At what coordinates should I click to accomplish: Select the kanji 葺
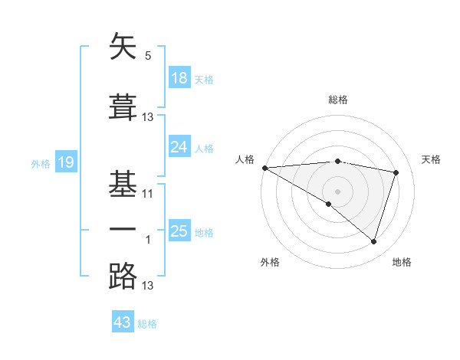(x=123, y=107)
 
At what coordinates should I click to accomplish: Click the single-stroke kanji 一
(x=123, y=230)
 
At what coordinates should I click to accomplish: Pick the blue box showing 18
(x=179, y=78)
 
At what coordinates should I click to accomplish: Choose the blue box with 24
(x=179, y=147)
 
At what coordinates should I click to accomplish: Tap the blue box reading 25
(x=179, y=231)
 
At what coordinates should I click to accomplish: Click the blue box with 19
(x=65, y=162)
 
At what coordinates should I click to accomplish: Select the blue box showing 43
(x=123, y=322)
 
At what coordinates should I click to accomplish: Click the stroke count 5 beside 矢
(x=148, y=56)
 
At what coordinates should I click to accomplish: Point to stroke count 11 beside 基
(x=148, y=193)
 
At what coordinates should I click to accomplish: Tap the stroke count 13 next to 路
(x=148, y=286)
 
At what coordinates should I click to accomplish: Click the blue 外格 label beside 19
(x=41, y=163)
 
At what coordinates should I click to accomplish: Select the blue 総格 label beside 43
(x=147, y=324)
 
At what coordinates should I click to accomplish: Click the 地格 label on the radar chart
(x=402, y=262)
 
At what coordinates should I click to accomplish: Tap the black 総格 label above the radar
(x=338, y=100)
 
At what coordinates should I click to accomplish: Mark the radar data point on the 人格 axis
(x=264, y=168)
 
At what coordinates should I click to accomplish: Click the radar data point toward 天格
(x=396, y=172)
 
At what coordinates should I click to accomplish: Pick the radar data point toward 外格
(x=329, y=204)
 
